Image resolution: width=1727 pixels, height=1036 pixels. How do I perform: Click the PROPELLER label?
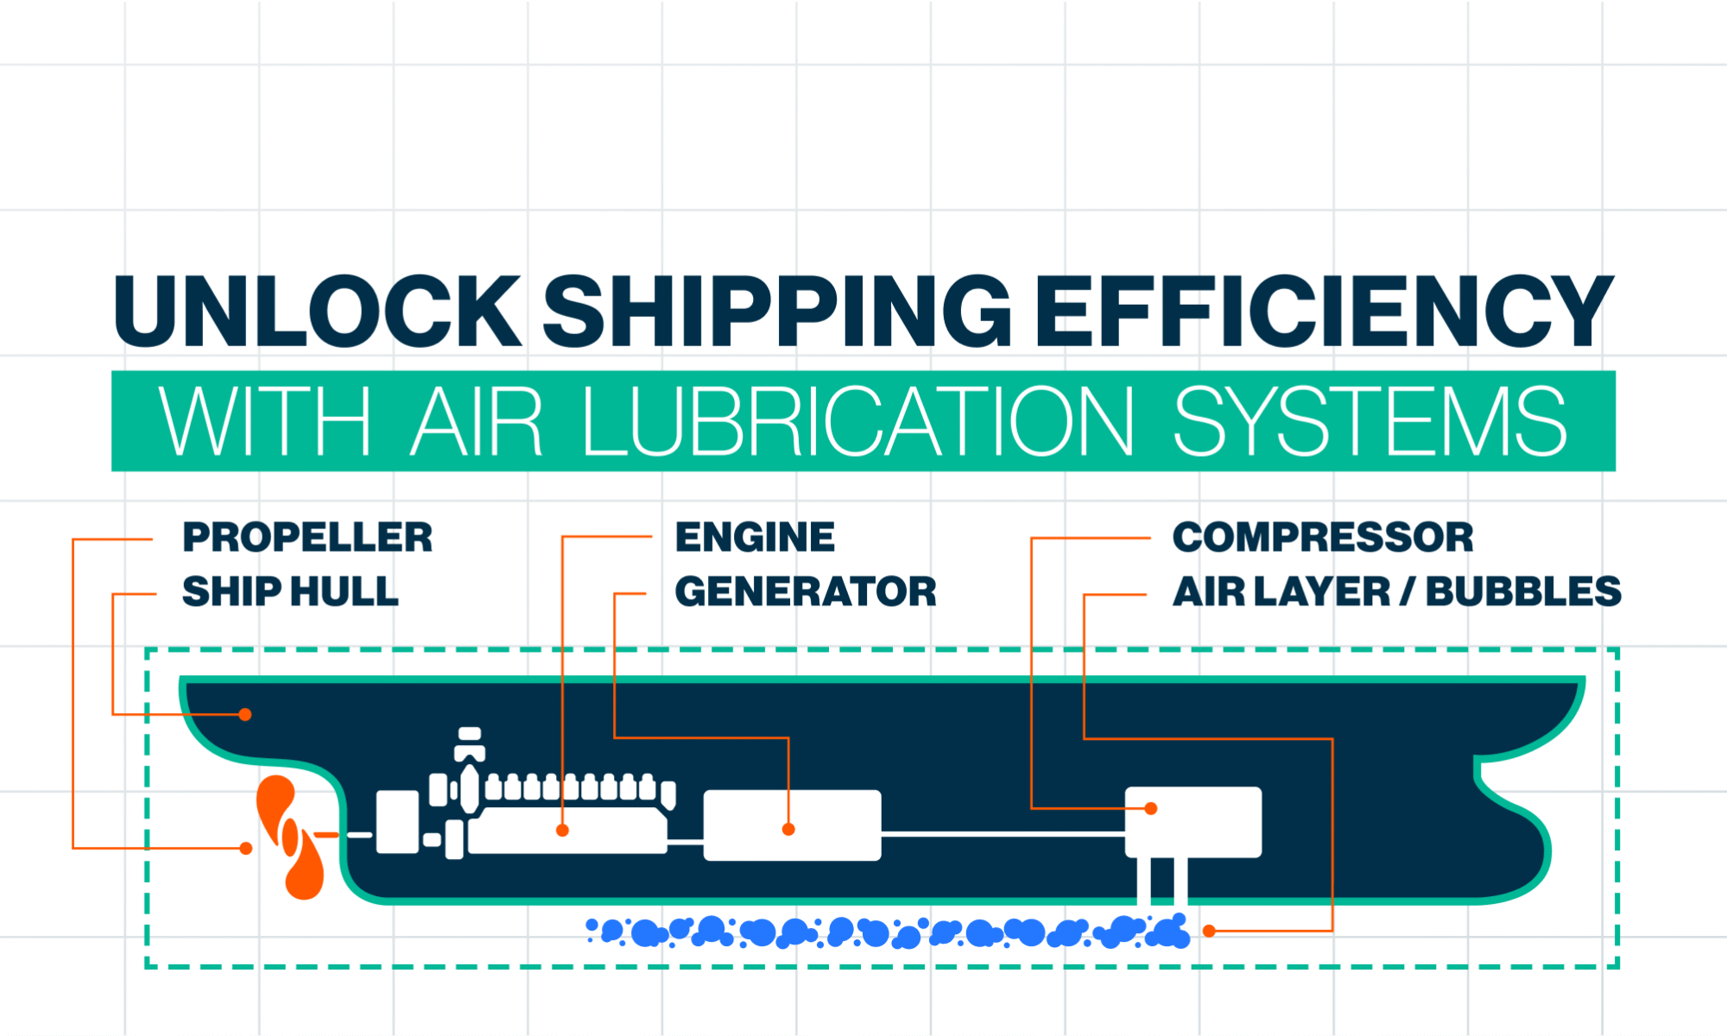(x=307, y=538)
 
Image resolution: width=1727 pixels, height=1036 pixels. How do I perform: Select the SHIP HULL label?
(x=290, y=592)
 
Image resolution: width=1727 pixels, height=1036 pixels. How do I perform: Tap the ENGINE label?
(x=755, y=538)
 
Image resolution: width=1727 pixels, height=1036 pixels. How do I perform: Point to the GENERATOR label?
(x=805, y=592)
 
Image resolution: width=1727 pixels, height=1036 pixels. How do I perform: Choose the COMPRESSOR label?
(x=1322, y=538)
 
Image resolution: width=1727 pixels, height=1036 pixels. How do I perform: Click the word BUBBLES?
(x=1523, y=592)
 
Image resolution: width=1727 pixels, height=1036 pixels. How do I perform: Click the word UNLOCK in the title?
(x=317, y=312)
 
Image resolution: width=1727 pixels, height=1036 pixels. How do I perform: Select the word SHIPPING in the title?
(x=777, y=312)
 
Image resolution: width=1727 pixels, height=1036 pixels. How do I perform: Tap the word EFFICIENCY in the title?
(x=1325, y=312)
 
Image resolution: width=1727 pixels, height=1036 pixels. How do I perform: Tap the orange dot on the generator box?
(x=788, y=830)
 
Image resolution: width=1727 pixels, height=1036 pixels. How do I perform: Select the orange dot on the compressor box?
(x=1151, y=809)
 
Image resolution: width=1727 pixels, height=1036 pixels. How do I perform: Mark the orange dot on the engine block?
(x=562, y=831)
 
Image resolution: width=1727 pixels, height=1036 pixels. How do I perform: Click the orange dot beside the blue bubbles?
(x=1210, y=931)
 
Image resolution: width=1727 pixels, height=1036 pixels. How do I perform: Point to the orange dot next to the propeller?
(x=246, y=849)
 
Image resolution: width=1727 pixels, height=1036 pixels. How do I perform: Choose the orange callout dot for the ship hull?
(x=245, y=715)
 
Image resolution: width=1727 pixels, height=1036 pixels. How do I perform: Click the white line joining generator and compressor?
(x=1002, y=834)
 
